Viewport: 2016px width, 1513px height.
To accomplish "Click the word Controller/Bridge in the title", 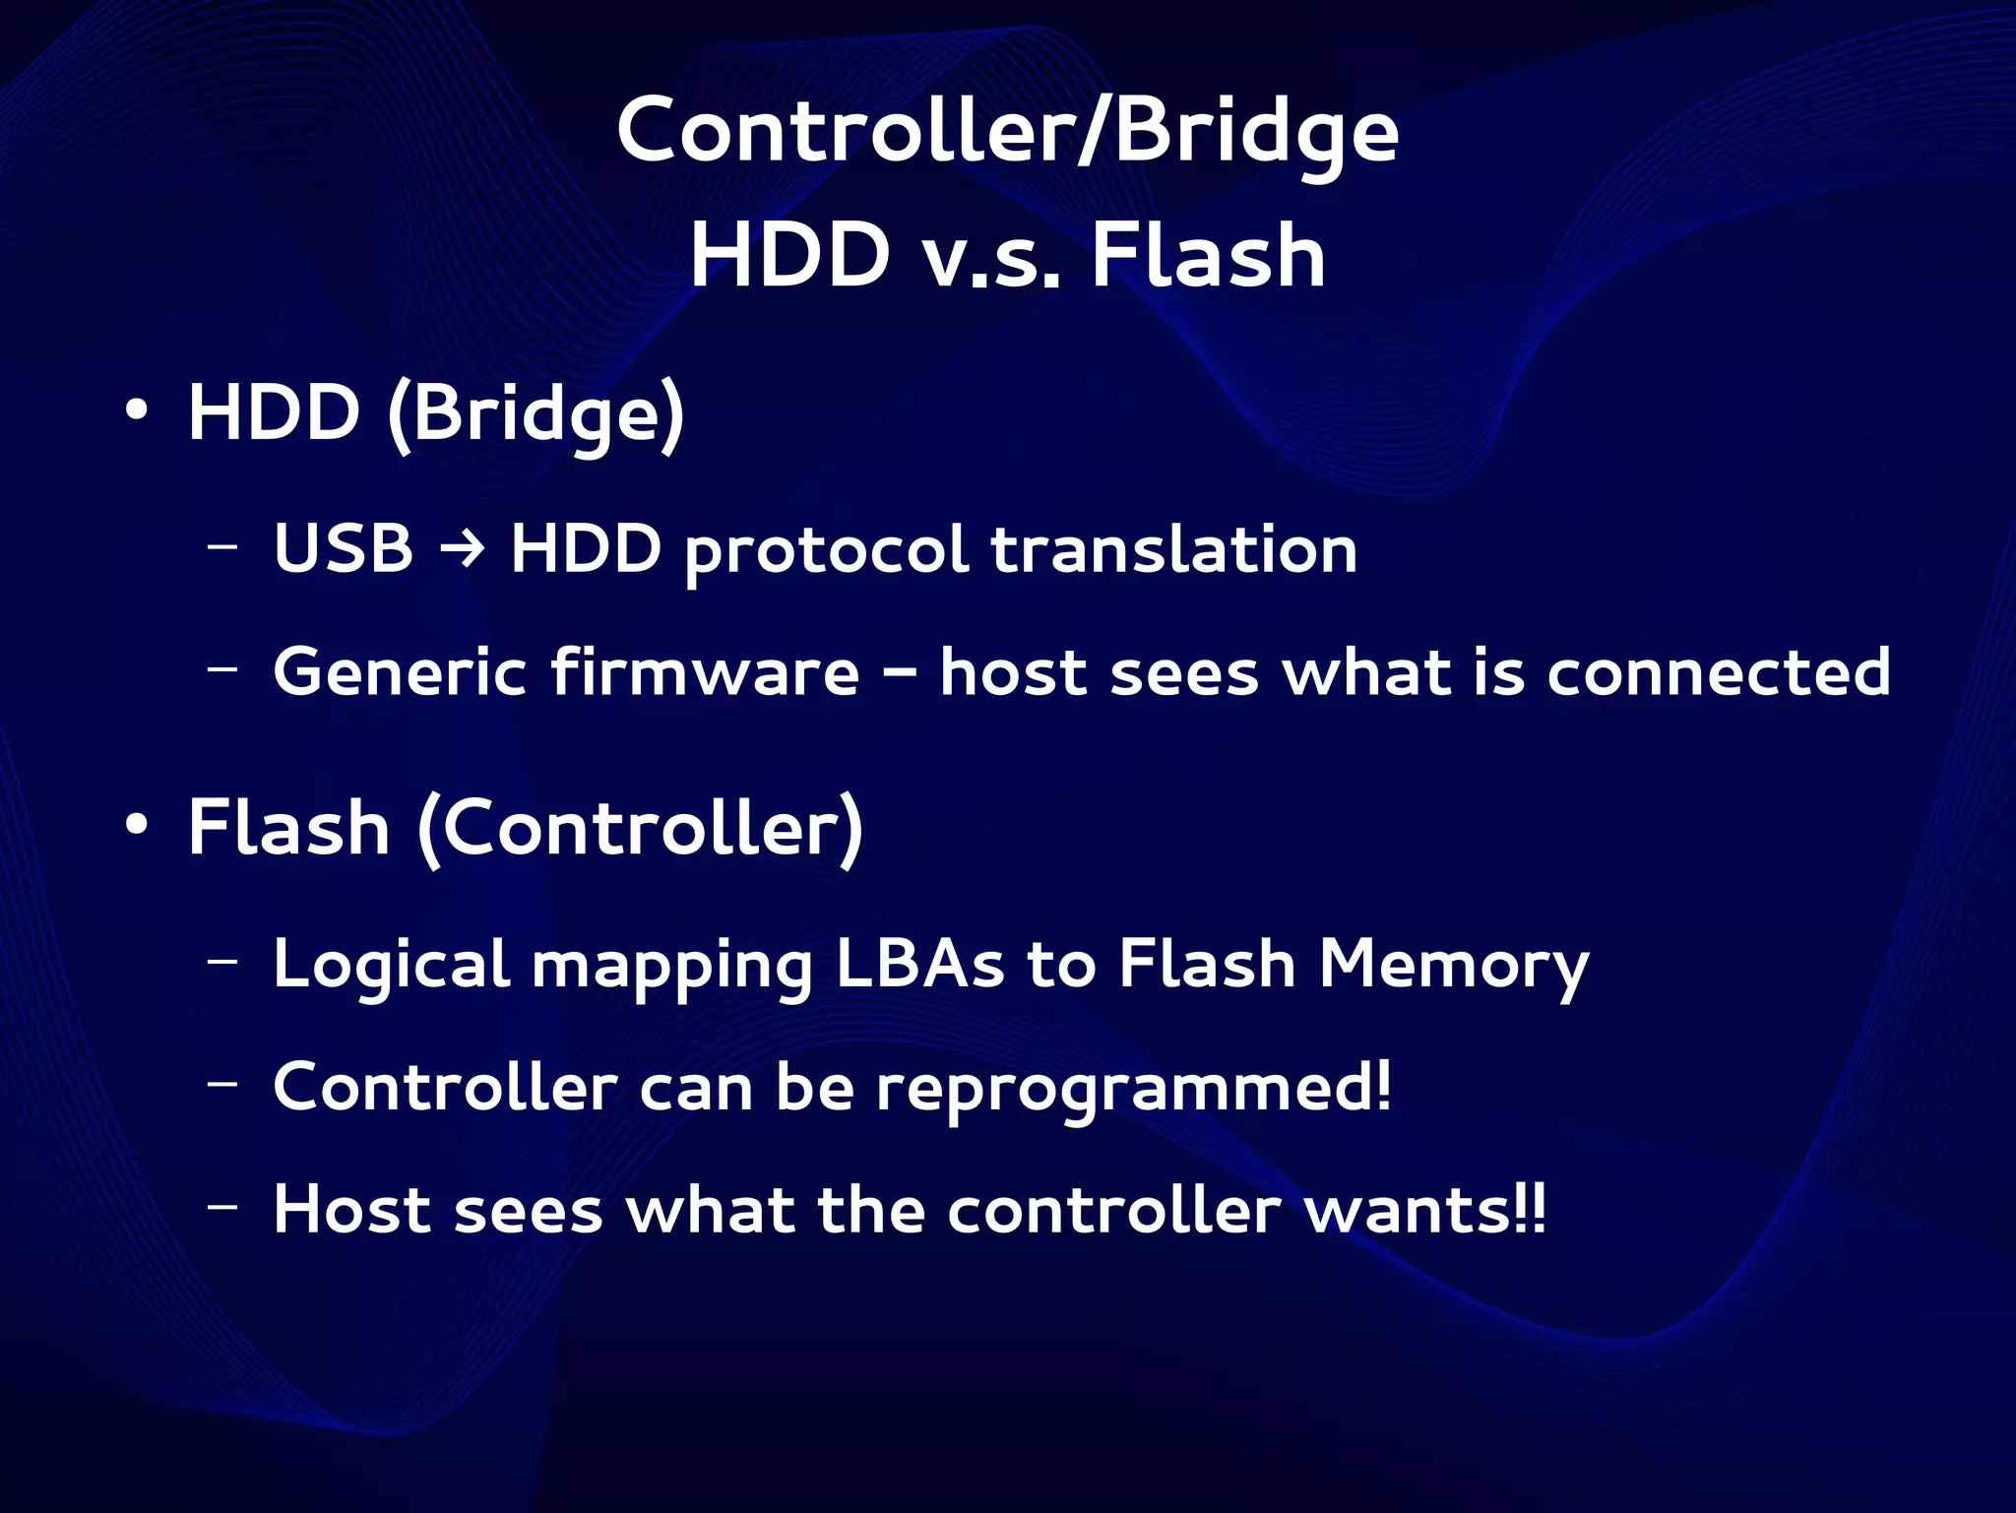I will click(x=1007, y=133).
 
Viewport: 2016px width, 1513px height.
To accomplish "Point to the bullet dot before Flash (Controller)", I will click(x=137, y=826).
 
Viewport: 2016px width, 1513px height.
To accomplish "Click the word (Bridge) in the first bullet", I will click(x=535, y=415).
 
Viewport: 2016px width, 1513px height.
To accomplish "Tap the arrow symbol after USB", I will click(x=461, y=547).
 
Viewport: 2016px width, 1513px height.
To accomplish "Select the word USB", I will click(x=343, y=548).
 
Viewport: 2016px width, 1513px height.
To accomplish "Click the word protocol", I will click(x=826, y=551).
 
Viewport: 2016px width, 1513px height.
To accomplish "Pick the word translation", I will click(x=1173, y=548).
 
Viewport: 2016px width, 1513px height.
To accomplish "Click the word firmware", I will click(x=704, y=671).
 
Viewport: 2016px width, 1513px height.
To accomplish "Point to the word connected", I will click(x=1718, y=672).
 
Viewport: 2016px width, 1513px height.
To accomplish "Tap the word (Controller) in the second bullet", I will click(x=641, y=830).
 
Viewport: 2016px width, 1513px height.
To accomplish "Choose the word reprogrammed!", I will click(x=1134, y=1090).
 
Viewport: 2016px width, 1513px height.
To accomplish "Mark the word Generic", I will click(x=399, y=671).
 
